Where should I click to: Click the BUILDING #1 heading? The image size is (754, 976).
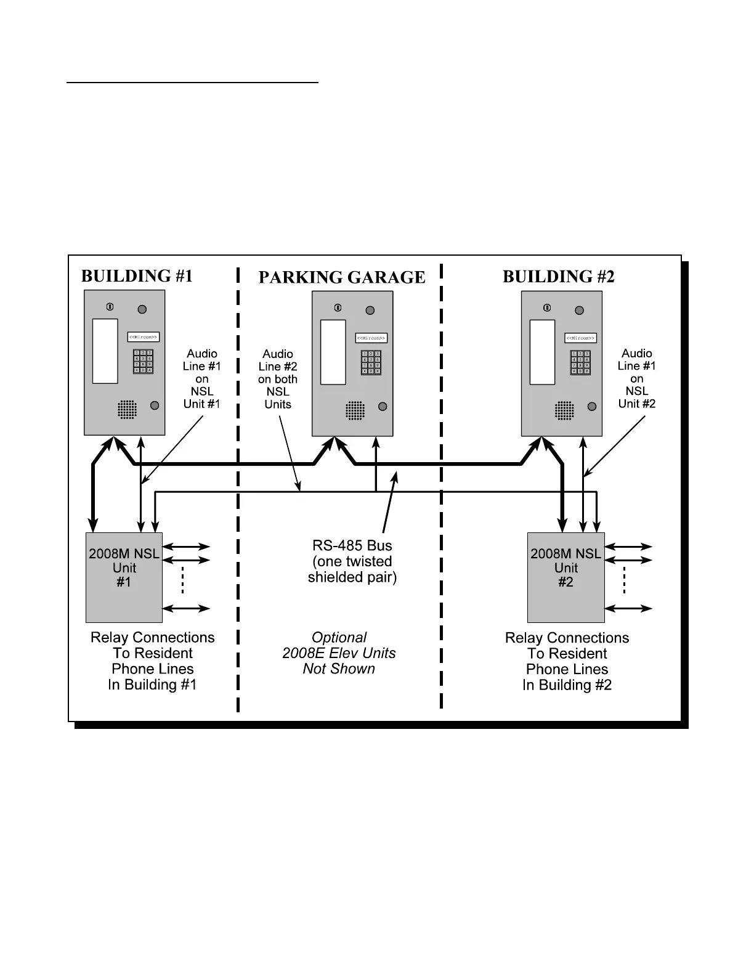[137, 276]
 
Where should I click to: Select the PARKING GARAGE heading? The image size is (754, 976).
[341, 277]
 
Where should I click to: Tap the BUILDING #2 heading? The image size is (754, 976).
[558, 277]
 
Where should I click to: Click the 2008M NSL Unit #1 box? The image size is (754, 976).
[124, 577]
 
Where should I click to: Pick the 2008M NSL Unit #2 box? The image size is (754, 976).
[565, 577]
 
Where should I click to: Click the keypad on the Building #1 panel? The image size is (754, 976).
[143, 362]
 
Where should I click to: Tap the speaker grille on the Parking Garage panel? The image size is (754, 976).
[355, 410]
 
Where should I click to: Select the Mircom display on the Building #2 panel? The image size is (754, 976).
[580, 338]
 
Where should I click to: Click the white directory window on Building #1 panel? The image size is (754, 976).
[105, 351]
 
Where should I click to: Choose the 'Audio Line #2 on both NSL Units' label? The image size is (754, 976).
[278, 379]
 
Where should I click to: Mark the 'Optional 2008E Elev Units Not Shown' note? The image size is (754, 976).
[339, 653]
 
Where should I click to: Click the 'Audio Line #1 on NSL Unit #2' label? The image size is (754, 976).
[637, 378]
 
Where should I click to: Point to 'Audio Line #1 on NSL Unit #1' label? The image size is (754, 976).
[202, 379]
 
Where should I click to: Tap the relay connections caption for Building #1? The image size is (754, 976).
[153, 661]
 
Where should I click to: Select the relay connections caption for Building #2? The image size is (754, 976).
[567, 662]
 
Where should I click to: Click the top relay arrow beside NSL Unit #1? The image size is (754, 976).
[186, 547]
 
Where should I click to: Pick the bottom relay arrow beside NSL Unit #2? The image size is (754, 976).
[628, 609]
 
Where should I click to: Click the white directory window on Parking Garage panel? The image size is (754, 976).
[333, 352]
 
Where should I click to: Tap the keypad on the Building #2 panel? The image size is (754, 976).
[580, 362]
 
